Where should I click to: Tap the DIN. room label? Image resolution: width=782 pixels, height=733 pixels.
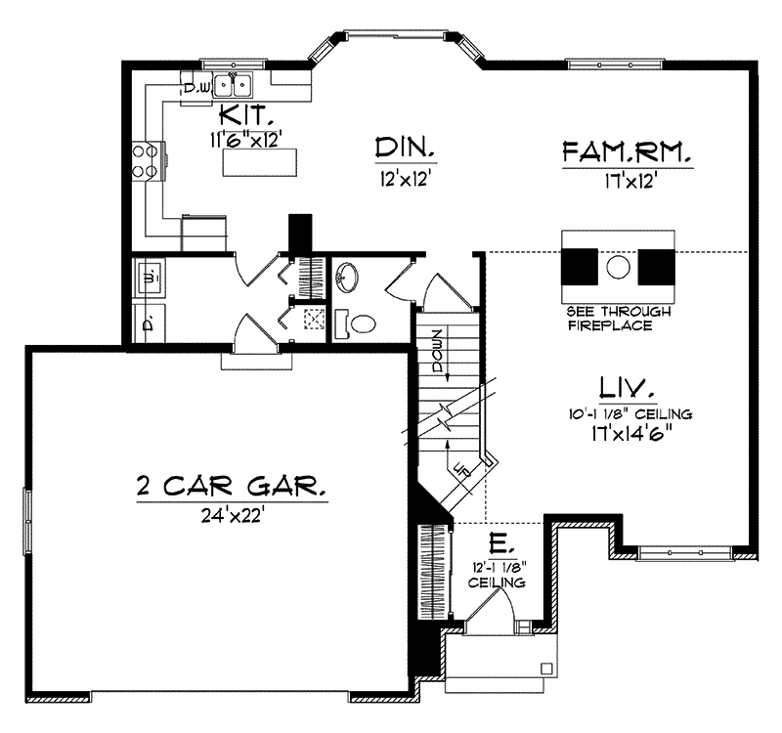tap(404, 150)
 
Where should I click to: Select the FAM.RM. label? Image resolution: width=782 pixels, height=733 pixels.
tap(628, 153)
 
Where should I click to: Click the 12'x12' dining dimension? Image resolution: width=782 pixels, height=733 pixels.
tap(404, 180)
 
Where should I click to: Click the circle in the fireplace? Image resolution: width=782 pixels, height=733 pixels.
tap(618, 266)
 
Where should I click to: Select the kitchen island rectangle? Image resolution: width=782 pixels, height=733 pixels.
tap(258, 164)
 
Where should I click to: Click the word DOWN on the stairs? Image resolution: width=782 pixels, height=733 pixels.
tap(437, 345)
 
